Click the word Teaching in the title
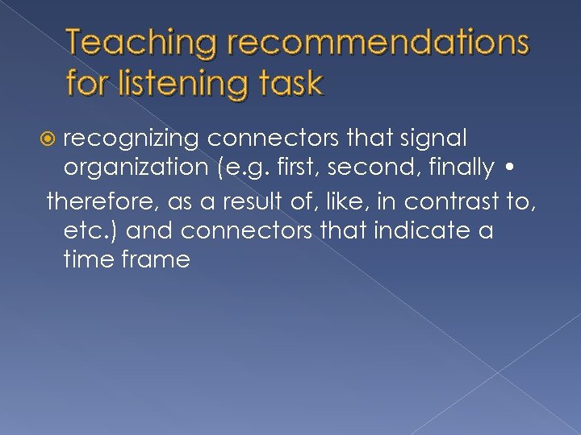click(x=142, y=45)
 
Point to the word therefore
click(x=100, y=198)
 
